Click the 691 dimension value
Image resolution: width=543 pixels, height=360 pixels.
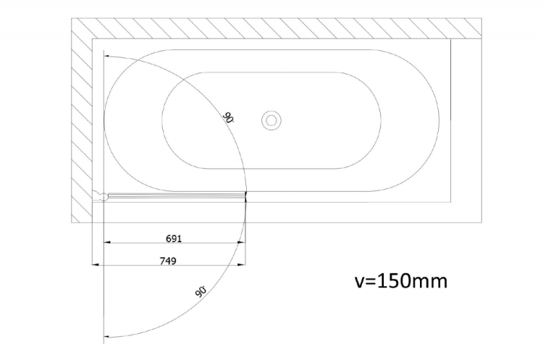coord(174,238)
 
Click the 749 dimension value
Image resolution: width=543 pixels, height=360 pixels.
coord(168,261)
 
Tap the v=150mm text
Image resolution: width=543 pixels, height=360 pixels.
coord(401,280)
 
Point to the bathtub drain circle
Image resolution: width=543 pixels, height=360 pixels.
coord(271,120)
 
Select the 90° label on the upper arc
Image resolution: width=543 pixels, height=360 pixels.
coord(228,117)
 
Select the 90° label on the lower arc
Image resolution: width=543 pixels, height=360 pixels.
coord(201,291)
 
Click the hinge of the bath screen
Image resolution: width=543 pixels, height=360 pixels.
coord(101,196)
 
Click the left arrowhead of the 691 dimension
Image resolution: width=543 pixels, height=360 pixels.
coord(107,243)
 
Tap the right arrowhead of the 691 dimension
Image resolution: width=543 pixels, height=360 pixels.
coord(242,243)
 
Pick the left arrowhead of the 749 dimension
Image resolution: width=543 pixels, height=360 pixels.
coord(96,264)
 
